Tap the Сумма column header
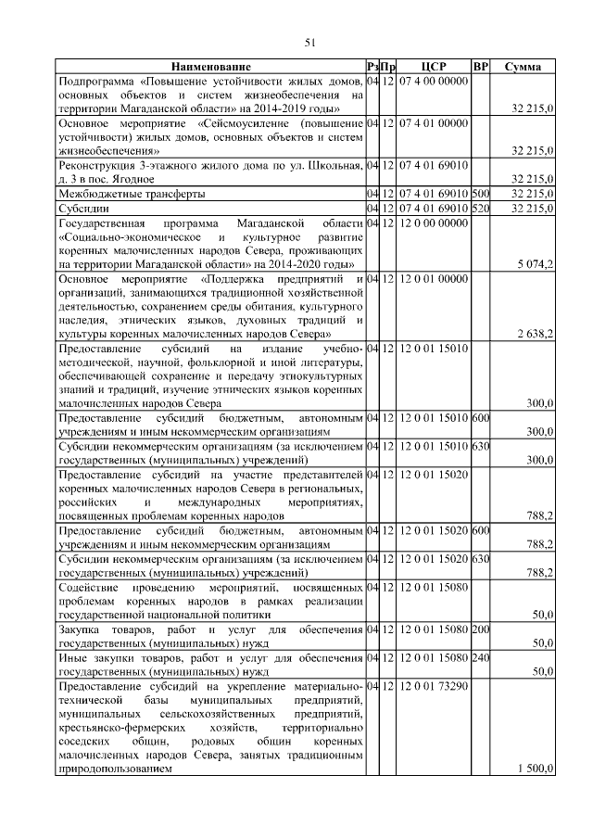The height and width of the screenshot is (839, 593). pyautogui.click(x=523, y=68)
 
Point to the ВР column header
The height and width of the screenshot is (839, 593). pyautogui.click(x=480, y=68)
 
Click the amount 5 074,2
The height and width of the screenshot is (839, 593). pyautogui.click(x=536, y=264)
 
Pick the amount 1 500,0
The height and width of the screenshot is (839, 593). pyautogui.click(x=536, y=769)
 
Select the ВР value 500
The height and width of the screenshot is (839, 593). pyautogui.click(x=480, y=194)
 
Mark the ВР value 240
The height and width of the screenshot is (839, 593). pyautogui.click(x=480, y=659)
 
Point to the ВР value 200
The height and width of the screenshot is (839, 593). pyautogui.click(x=480, y=631)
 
